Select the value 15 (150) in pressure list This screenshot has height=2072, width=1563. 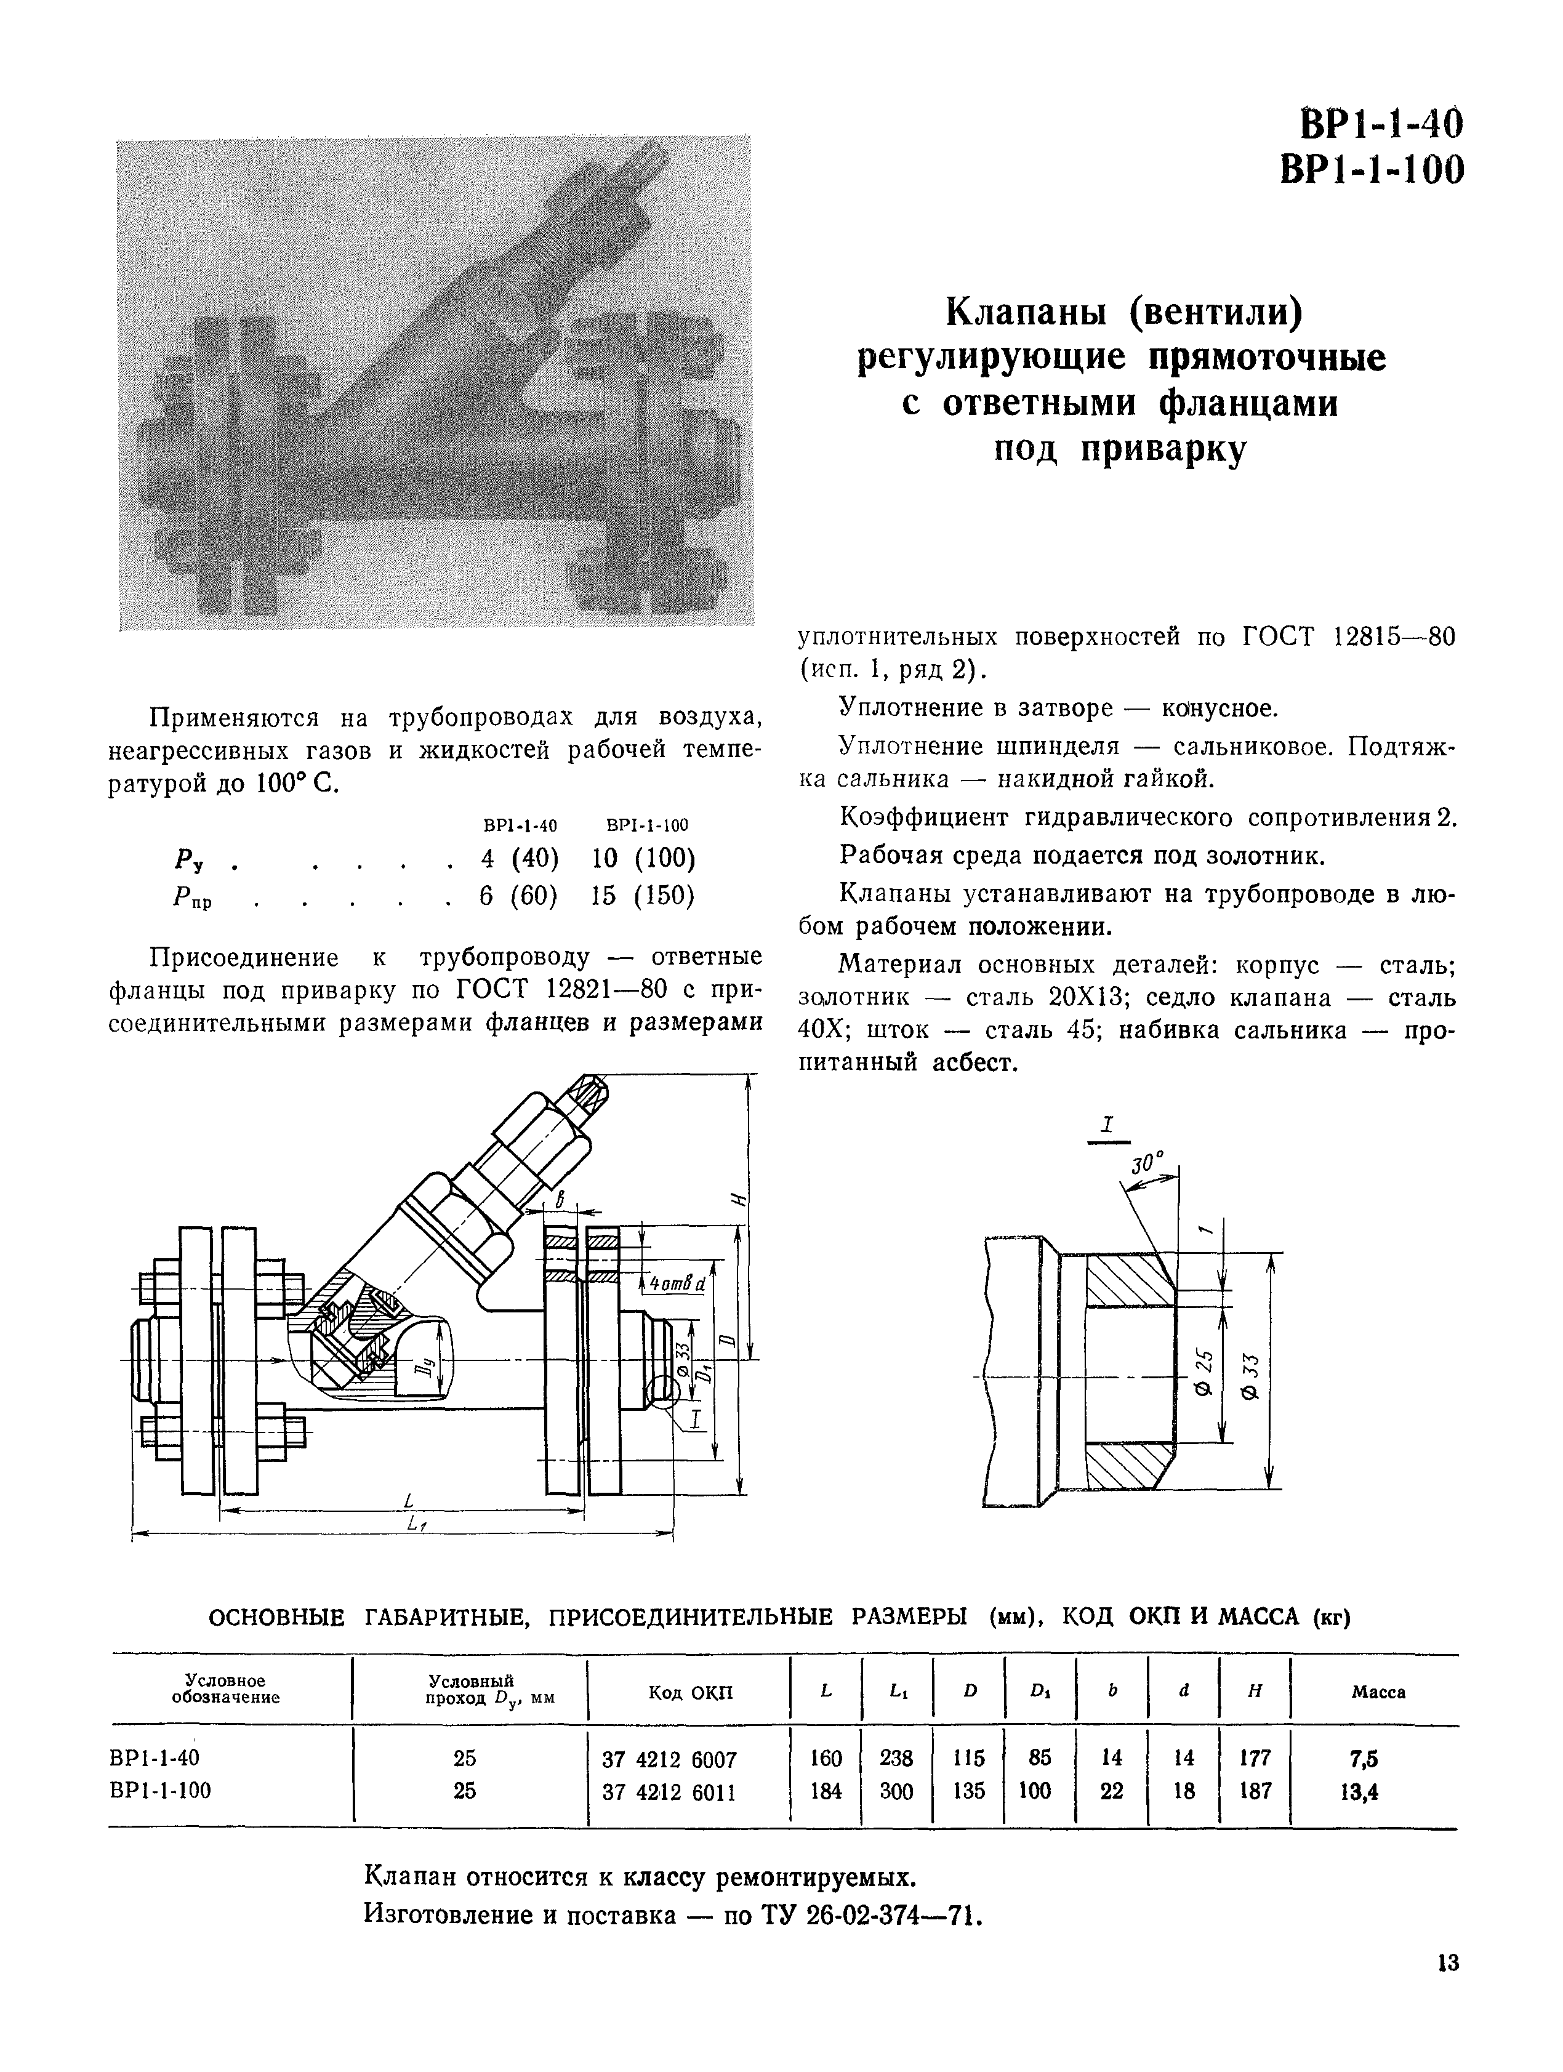(643, 896)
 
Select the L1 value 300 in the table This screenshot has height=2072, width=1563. (896, 1791)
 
